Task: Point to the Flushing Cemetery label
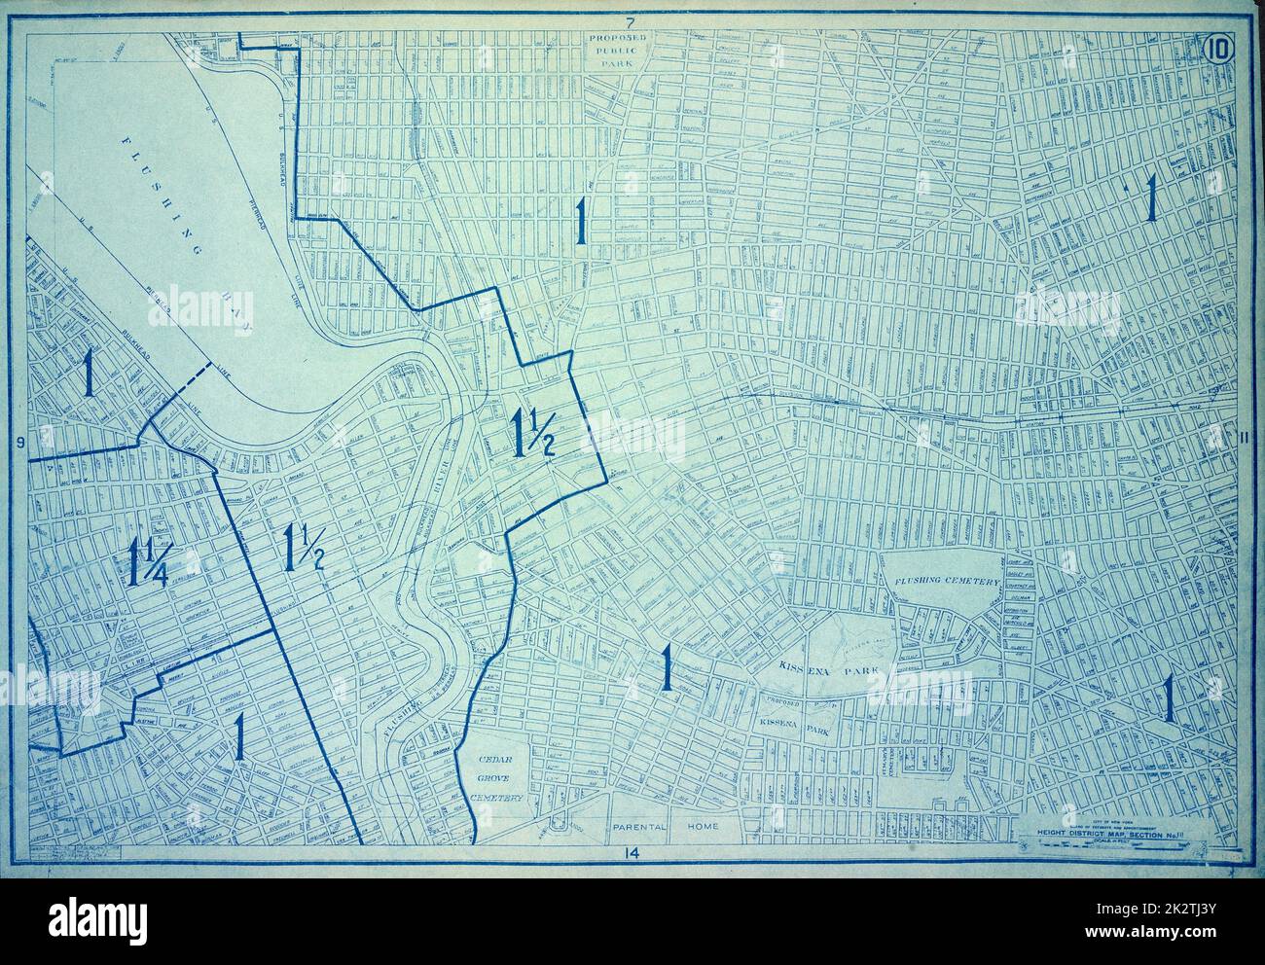(942, 581)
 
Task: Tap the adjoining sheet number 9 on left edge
(19, 444)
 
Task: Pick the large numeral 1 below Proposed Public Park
(580, 220)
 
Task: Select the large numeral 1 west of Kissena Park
(667, 667)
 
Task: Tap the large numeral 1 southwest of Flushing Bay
(89, 372)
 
